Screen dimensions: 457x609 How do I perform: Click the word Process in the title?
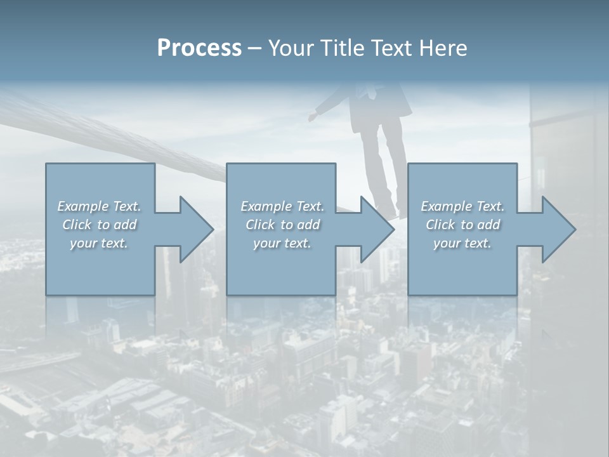199,48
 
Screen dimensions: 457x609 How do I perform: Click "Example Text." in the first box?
99,206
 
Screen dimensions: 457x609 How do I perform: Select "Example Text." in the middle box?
282,206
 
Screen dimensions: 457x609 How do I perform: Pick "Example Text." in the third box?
462,206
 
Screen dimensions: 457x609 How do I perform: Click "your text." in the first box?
99,243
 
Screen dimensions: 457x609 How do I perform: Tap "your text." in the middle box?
282,243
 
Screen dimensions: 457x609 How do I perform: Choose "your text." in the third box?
462,243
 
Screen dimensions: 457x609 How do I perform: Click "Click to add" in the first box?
99,225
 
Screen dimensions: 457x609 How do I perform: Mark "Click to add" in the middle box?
282,225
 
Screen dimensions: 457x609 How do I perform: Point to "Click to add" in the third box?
462,225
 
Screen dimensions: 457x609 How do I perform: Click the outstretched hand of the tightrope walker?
313,116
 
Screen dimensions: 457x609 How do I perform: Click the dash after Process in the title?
255,49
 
